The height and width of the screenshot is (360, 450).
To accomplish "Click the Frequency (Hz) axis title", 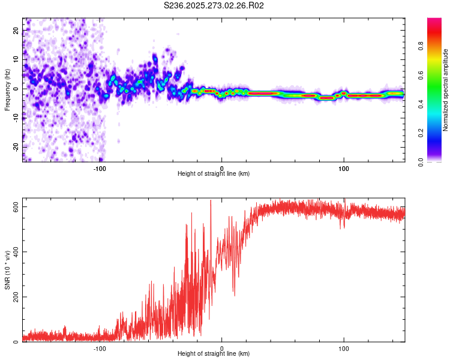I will [7, 89].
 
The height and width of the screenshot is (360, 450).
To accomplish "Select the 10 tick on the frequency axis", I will [16, 60].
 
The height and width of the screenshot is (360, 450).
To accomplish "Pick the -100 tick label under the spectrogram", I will [100, 169].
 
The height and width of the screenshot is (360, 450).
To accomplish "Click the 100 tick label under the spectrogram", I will [344, 169].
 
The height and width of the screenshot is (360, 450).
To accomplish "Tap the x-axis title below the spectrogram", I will [214, 174].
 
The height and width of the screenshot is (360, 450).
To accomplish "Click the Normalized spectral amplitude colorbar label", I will [445, 90].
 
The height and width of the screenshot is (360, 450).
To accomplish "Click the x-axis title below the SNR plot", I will [214, 354].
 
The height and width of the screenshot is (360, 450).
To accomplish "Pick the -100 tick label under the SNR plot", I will [100, 349].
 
